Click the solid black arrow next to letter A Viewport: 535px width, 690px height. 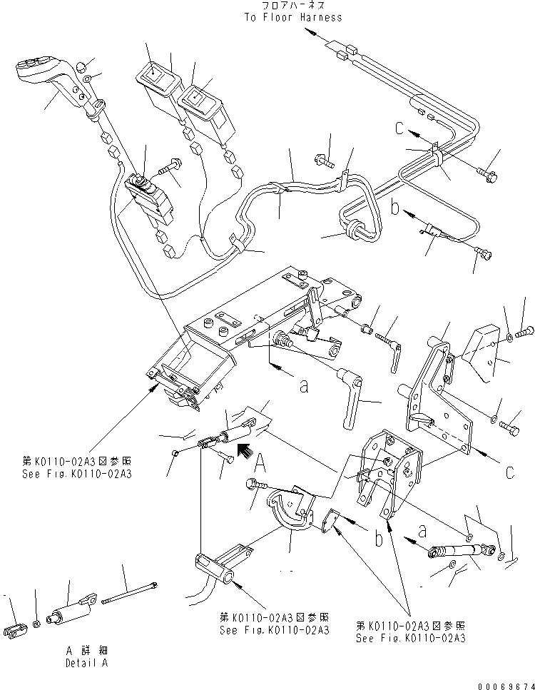(x=244, y=450)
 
